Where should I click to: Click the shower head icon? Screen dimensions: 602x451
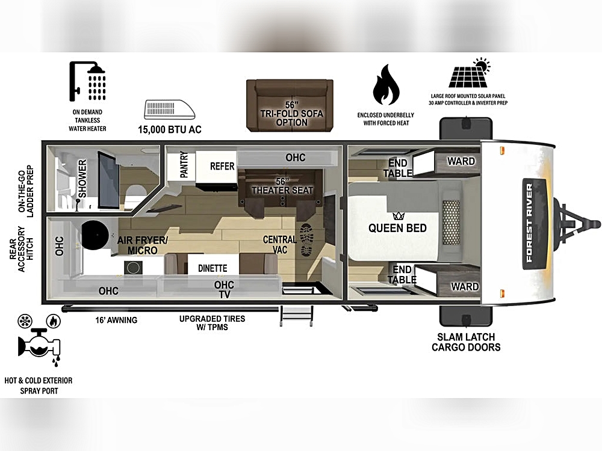pyautogui.click(x=87, y=81)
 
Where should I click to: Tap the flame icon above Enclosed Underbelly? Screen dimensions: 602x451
pyautogui.click(x=386, y=85)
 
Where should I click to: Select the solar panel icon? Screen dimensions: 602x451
pyautogui.click(x=470, y=73)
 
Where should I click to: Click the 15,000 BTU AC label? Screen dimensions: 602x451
pyautogui.click(x=170, y=130)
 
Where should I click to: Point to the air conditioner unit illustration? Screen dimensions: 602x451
pyautogui.click(x=169, y=109)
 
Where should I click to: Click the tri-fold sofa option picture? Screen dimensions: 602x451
pyautogui.click(x=290, y=105)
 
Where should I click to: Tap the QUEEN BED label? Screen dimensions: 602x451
pyautogui.click(x=397, y=228)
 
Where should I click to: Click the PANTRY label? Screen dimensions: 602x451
pyautogui.click(x=184, y=165)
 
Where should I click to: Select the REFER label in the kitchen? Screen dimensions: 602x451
pyautogui.click(x=222, y=167)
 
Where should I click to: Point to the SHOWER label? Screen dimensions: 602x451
pyautogui.click(x=82, y=179)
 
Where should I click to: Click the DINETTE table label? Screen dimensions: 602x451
pyautogui.click(x=213, y=268)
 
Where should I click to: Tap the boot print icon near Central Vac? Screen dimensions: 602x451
pyautogui.click(x=307, y=240)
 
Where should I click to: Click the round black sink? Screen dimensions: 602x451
pyautogui.click(x=95, y=235)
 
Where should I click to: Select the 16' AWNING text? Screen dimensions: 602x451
pyautogui.click(x=116, y=320)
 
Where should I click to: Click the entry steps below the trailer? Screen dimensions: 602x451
pyautogui.click(x=296, y=316)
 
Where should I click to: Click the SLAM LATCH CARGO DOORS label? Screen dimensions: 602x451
pyautogui.click(x=466, y=342)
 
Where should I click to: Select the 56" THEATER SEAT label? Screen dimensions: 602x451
pyautogui.click(x=282, y=186)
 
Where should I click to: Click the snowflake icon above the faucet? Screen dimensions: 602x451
pyautogui.click(x=25, y=321)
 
